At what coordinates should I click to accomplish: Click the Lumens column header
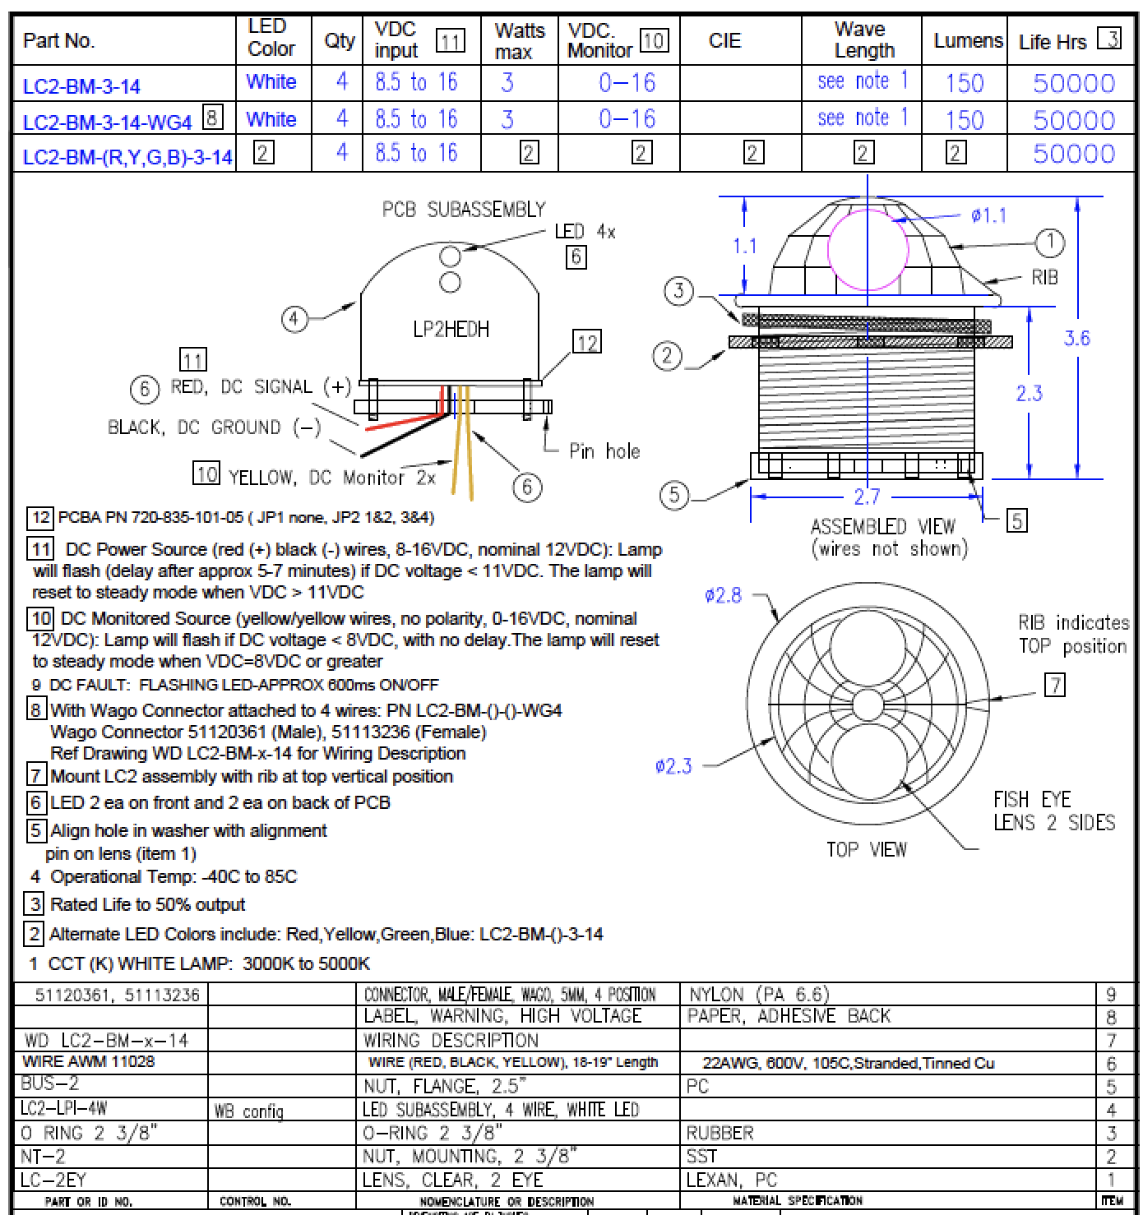[x=968, y=40]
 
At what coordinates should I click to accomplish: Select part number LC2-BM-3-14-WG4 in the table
[x=107, y=122]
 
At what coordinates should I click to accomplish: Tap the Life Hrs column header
[x=1053, y=41]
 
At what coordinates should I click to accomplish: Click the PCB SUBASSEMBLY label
[x=463, y=210]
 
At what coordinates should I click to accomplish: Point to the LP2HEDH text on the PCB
[x=451, y=330]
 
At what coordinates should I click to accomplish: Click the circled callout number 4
[x=294, y=319]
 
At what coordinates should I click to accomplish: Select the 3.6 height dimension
[x=1076, y=338]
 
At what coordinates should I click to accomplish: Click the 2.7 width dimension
[x=867, y=496]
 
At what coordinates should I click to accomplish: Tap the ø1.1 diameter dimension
[x=988, y=215]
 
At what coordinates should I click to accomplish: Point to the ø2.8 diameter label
[x=723, y=595]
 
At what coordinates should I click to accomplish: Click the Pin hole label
[x=604, y=450]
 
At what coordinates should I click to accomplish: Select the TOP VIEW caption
[x=867, y=849]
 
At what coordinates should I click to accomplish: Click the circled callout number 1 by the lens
[x=1049, y=243]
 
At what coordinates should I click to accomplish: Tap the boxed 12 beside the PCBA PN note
[x=40, y=518]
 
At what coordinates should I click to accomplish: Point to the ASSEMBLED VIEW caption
[x=882, y=526]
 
